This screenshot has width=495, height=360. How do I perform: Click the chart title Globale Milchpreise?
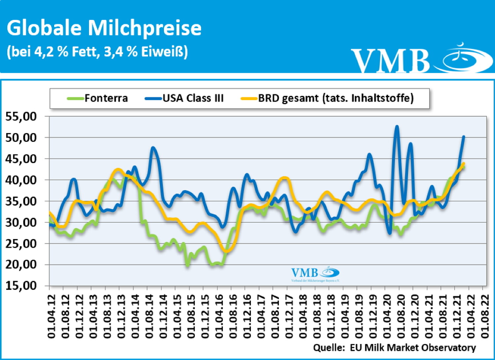pyautogui.click(x=104, y=28)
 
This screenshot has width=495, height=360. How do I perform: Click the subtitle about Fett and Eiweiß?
pyautogui.click(x=97, y=52)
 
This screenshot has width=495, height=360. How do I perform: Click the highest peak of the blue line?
pyautogui.click(x=397, y=126)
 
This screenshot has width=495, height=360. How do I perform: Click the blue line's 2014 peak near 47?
pyautogui.click(x=153, y=148)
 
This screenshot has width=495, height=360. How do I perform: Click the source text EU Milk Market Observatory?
pyautogui.click(x=412, y=347)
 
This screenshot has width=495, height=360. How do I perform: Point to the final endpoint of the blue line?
pyautogui.click(x=464, y=136)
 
